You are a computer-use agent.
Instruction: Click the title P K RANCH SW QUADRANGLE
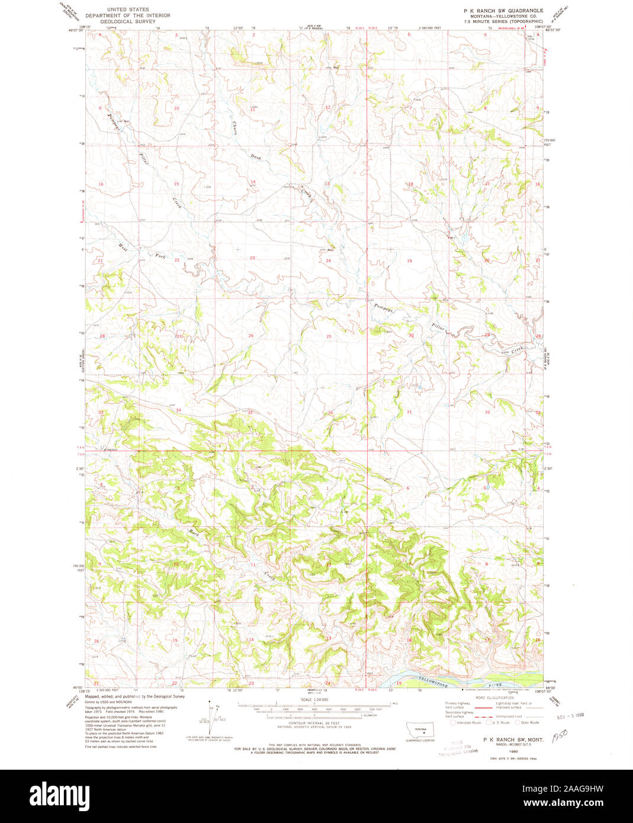point(503,11)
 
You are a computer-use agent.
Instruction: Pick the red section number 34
point(178,410)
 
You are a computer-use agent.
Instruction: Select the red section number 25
point(329,336)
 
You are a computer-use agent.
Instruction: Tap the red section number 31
point(409,411)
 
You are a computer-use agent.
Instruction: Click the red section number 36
point(330,413)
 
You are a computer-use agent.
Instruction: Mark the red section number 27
point(177,336)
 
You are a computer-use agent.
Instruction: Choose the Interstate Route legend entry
point(465,722)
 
